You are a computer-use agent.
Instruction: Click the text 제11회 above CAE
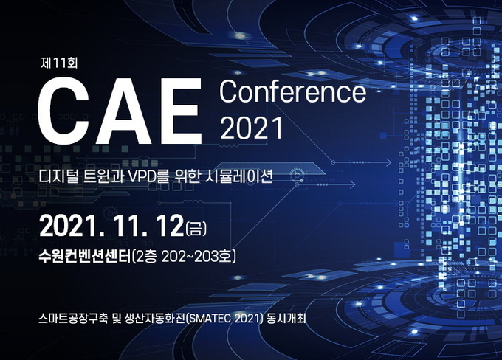[x=59, y=63]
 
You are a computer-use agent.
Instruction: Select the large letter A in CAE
[x=125, y=111]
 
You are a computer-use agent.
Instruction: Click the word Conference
[x=292, y=91]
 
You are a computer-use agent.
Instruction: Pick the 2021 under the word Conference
[x=252, y=128]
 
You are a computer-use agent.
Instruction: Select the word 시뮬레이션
[x=238, y=176]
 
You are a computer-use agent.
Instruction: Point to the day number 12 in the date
[x=168, y=226]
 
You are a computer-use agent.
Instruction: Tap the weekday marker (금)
[x=196, y=228]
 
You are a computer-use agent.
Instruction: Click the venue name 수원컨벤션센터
[x=85, y=256]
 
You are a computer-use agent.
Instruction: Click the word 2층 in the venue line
[x=146, y=256]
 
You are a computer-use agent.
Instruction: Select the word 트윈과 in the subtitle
[x=104, y=176]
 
